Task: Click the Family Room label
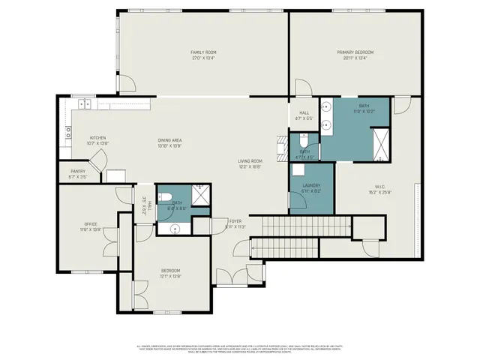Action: pyautogui.click(x=203, y=52)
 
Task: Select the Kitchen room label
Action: pyautogui.click(x=98, y=138)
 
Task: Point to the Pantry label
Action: pyautogui.click(x=78, y=171)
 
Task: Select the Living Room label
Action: pyautogui.click(x=250, y=160)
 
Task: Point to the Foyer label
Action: pyautogui.click(x=235, y=221)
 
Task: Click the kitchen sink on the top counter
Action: pyautogui.click(x=84, y=106)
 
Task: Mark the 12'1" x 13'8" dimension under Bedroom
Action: pyautogui.click(x=170, y=276)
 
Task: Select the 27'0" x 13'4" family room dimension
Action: pyautogui.click(x=203, y=57)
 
